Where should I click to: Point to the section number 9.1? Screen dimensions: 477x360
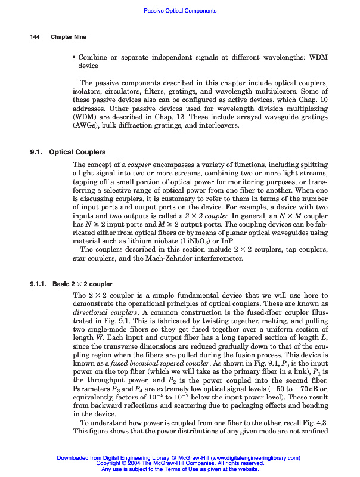click(x=36, y=152)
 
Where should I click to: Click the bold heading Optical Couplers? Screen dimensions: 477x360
click(x=77, y=152)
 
